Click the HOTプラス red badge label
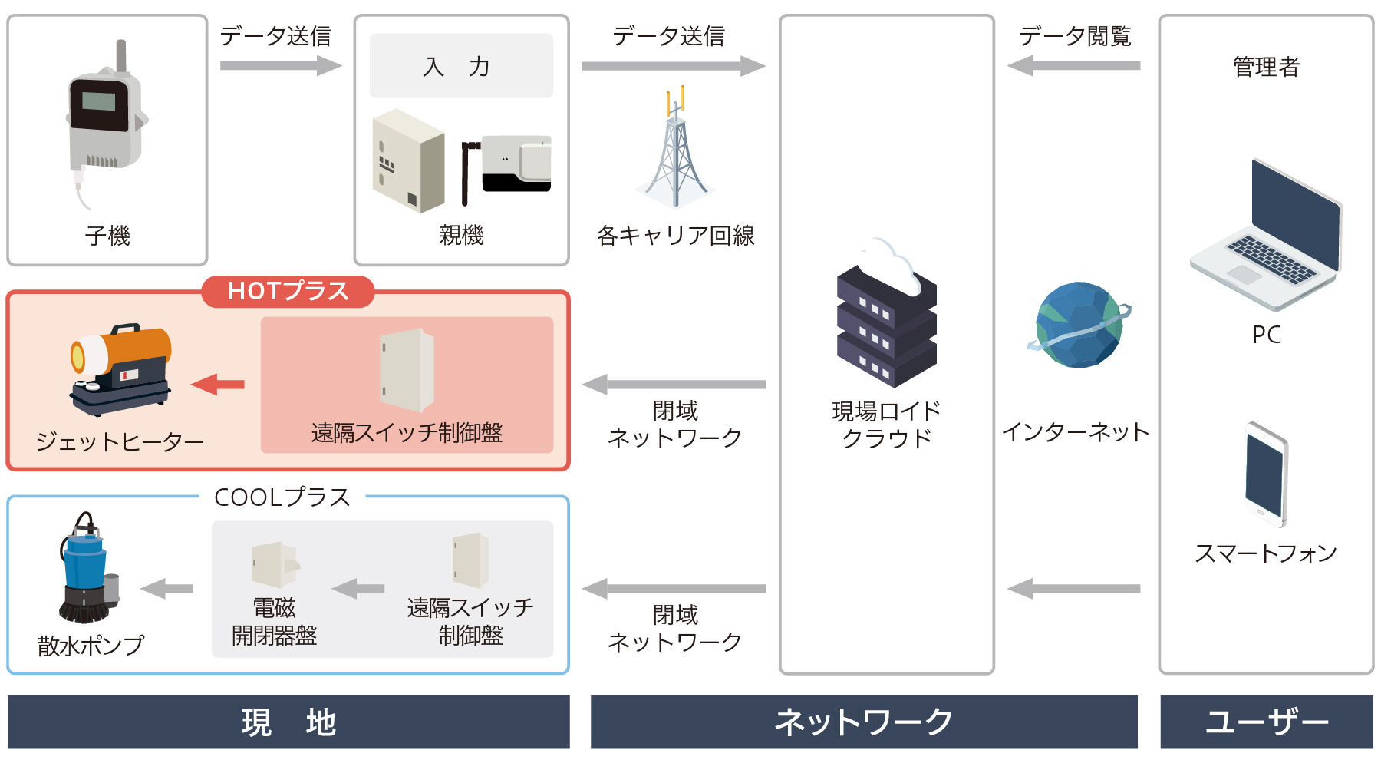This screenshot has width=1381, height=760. [x=288, y=291]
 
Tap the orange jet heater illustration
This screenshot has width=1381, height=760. [x=120, y=369]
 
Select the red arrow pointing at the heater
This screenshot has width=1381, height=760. [x=218, y=384]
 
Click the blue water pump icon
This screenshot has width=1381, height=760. [x=89, y=567]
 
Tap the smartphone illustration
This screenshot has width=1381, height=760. [x=1266, y=474]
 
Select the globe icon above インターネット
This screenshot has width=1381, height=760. [x=1079, y=325]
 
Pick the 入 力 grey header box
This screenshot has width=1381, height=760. [x=461, y=65]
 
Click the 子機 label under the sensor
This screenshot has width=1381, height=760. [x=107, y=236]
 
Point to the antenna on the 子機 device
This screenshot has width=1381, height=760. [x=121, y=56]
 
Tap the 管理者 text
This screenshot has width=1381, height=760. [x=1266, y=67]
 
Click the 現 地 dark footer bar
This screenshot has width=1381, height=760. [x=288, y=722]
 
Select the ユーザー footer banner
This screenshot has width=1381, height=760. [x=1267, y=722]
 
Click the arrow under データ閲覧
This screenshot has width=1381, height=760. [x=1073, y=66]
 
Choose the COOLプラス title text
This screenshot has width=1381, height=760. [x=282, y=497]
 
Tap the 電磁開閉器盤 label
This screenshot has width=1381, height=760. [x=274, y=622]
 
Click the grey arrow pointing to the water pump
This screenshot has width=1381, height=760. [x=166, y=589]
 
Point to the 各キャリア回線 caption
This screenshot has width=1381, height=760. [x=675, y=236]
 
